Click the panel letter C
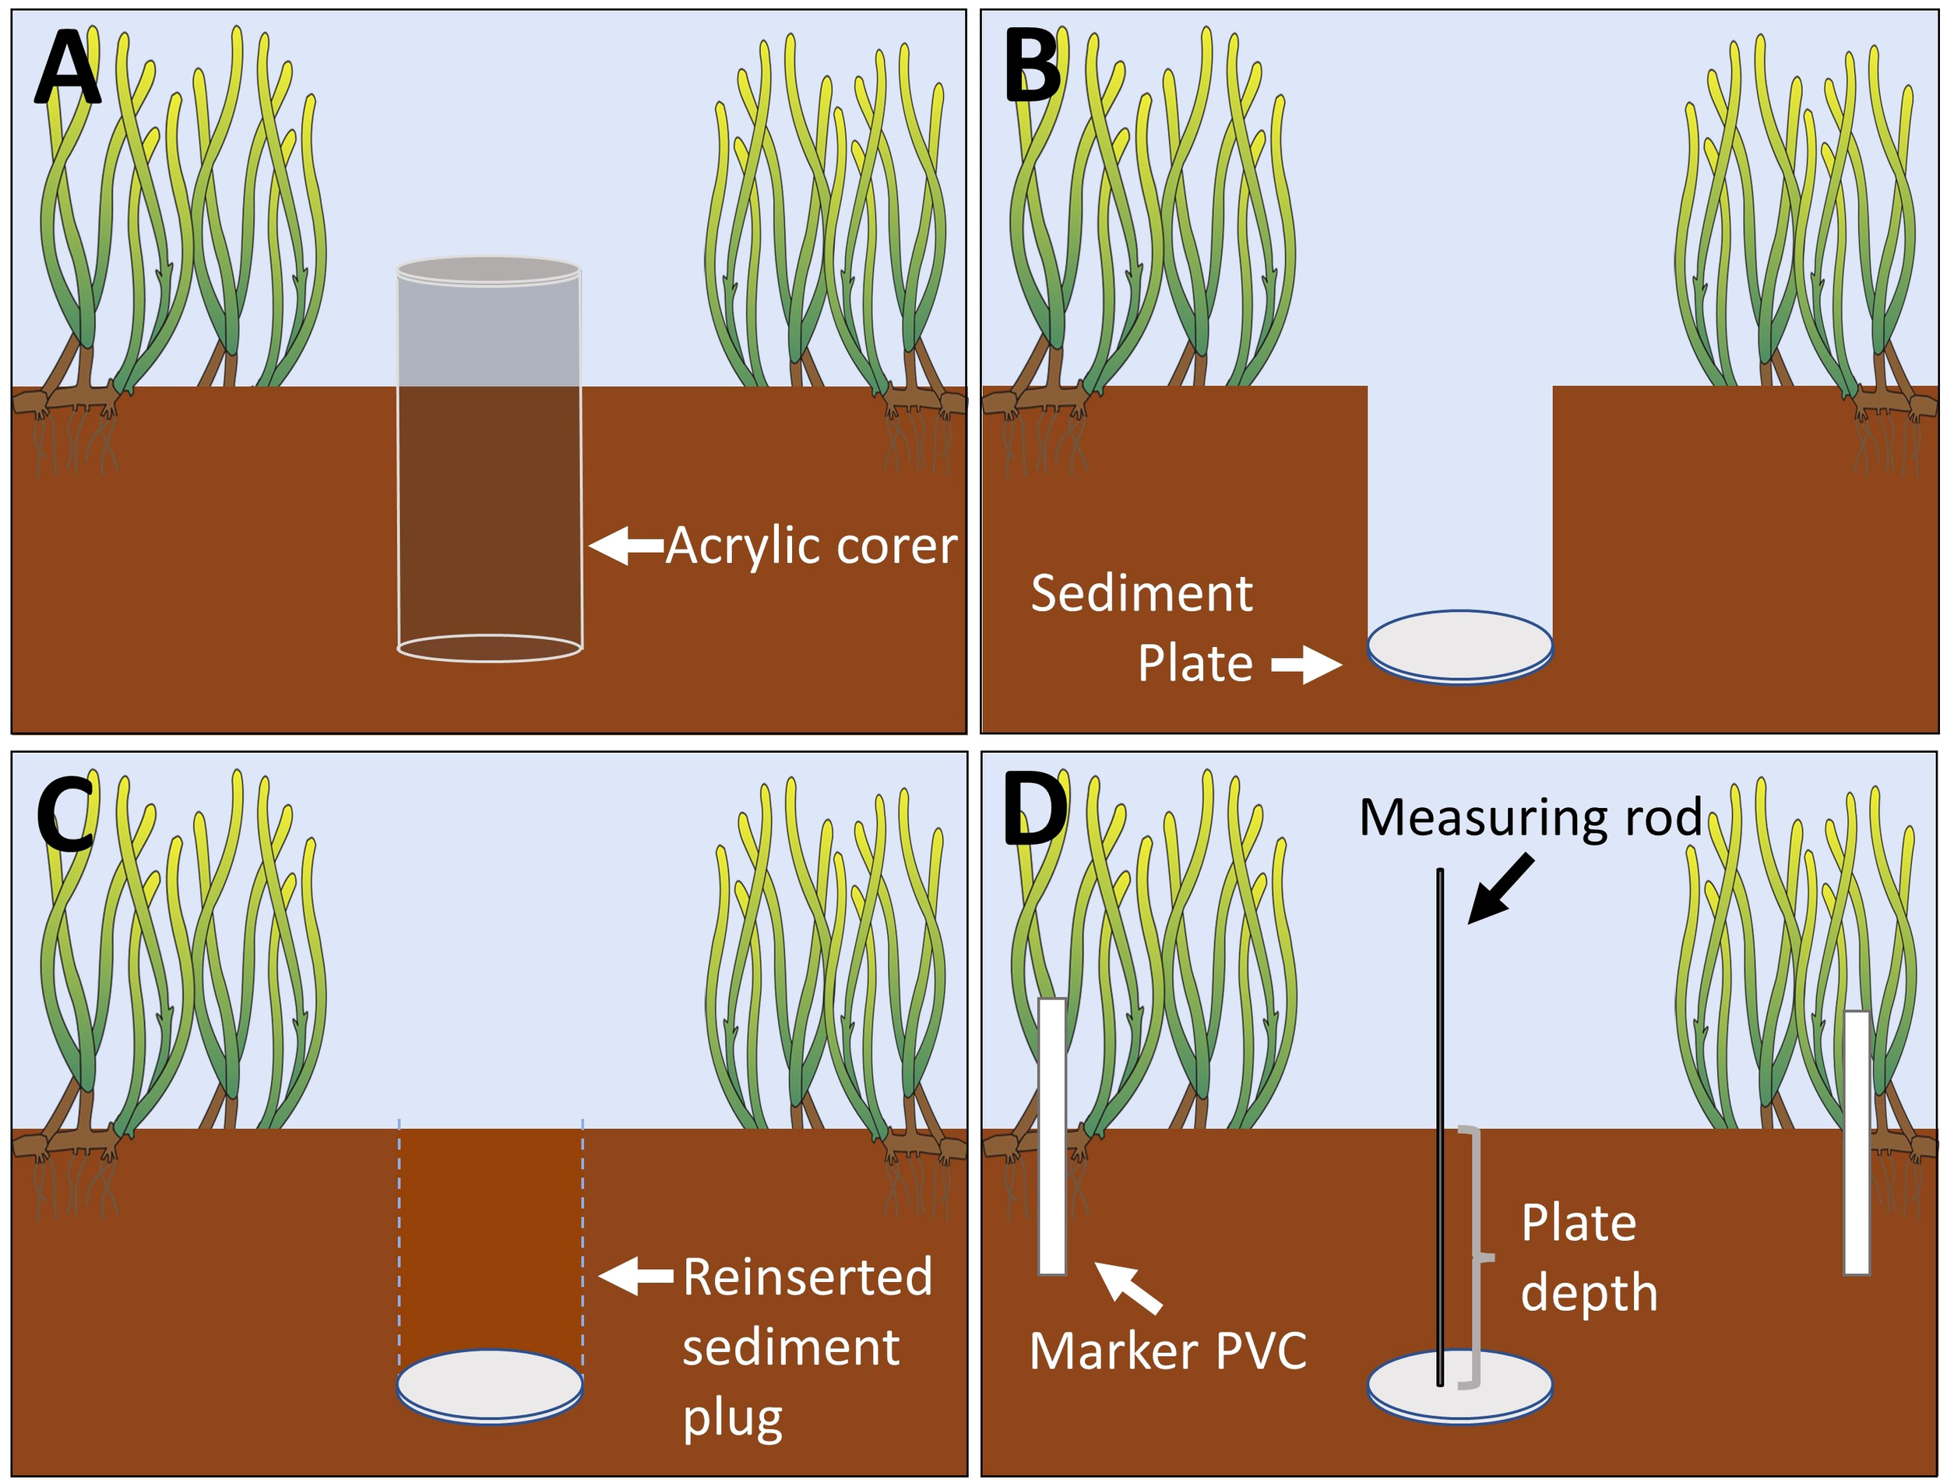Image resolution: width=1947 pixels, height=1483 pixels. click(65, 813)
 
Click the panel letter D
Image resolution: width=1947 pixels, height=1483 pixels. click(1035, 810)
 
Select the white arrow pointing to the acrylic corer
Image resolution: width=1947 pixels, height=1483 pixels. click(625, 546)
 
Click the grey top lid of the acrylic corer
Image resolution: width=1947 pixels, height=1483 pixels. click(488, 270)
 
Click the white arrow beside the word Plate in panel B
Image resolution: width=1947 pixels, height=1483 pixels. click(1306, 665)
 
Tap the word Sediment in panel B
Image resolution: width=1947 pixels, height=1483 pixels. click(1141, 593)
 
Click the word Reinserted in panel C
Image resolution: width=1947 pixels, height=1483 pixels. click(807, 1277)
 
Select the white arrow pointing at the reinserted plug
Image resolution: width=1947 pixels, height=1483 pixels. click(636, 1277)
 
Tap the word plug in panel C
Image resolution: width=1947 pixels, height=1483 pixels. click(732, 1418)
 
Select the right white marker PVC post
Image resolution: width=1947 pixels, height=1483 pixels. click(1856, 1143)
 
